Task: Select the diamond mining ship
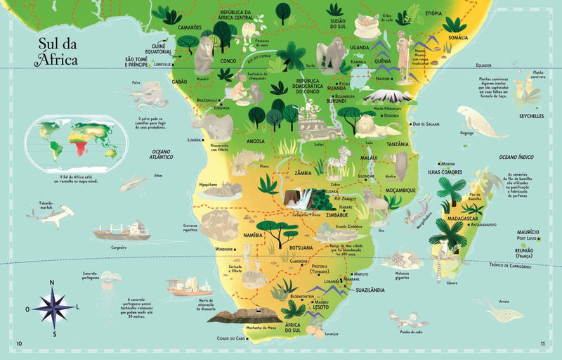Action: (x=188, y=285)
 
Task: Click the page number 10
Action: (x=19, y=343)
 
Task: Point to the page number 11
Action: (x=542, y=343)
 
